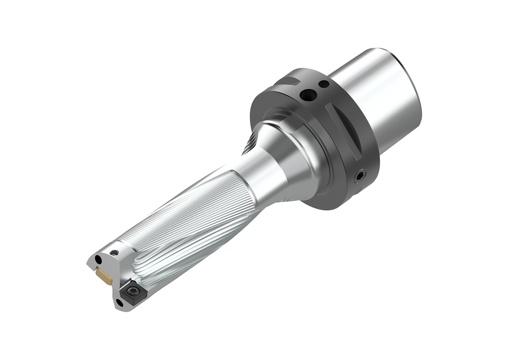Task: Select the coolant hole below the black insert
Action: (119, 302)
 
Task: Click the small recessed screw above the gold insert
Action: (115, 252)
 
